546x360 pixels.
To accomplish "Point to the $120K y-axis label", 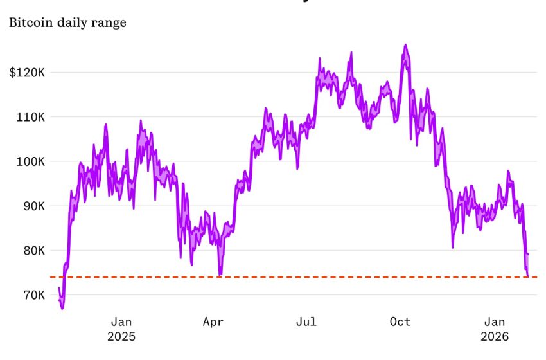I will point(26,73).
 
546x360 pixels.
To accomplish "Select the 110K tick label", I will point(30,117).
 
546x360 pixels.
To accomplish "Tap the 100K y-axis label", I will point(30,161).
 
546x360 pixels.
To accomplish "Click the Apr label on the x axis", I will point(213,321).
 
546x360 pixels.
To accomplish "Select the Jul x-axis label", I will point(307,321).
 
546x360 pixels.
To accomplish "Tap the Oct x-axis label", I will point(400,321).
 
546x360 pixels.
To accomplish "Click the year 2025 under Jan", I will point(121,336).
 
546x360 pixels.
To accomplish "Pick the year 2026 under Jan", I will point(495,336).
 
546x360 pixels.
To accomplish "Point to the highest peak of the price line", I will point(405,45).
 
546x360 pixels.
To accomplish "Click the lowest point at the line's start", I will point(62,308).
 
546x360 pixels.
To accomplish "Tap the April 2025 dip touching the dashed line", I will point(220,274).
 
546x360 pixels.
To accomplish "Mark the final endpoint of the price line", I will point(528,276).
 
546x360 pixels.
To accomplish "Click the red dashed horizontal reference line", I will point(321,277).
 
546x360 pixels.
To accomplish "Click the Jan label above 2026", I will point(495,321).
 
